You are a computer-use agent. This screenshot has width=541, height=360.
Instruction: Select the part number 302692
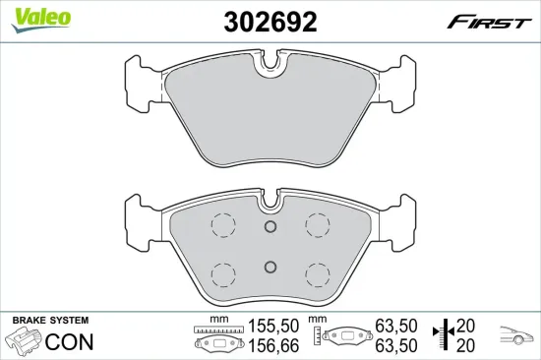270,22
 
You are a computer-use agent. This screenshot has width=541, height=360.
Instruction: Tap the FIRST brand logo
485,23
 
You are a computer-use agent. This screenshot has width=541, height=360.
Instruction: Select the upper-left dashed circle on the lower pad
223,225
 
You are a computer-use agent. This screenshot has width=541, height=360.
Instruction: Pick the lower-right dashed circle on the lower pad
317,272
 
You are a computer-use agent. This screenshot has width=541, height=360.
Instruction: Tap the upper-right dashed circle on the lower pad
317,225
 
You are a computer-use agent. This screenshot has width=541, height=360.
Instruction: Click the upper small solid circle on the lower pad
270,226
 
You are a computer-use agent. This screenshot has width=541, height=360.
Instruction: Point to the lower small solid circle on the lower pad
270,266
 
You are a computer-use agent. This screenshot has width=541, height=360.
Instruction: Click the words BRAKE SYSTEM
49,322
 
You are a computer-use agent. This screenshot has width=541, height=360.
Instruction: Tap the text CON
68,342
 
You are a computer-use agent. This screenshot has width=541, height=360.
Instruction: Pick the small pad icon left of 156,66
211,344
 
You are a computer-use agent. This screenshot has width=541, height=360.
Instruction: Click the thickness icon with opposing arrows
446,335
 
